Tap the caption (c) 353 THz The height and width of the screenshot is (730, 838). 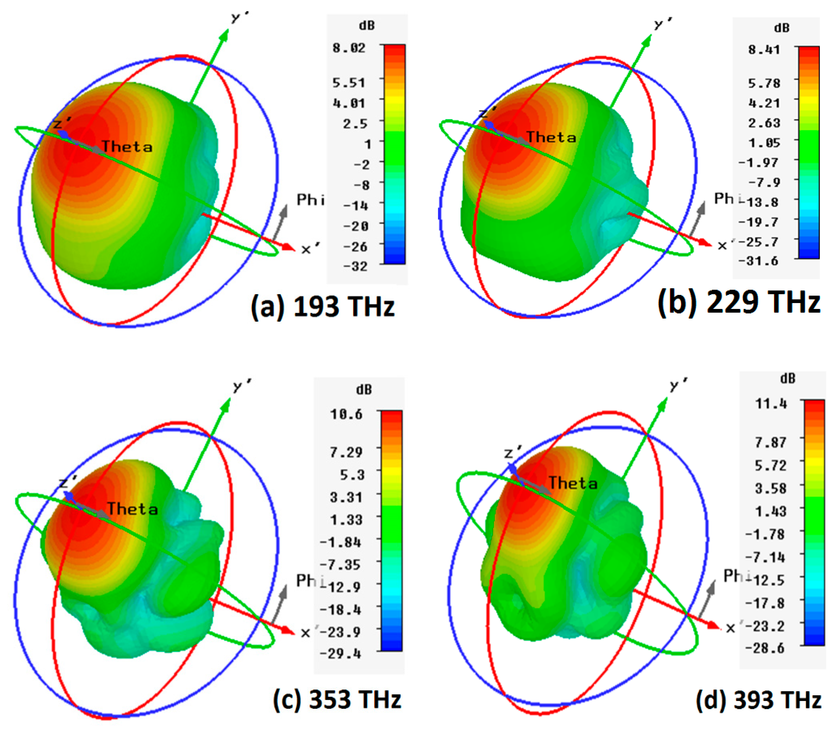tap(337, 700)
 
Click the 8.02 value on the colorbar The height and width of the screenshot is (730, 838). tap(349, 48)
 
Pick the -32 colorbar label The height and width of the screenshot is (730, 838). tap(355, 266)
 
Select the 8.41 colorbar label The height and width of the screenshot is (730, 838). tap(764, 50)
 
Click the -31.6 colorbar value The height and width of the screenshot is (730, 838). tap(758, 261)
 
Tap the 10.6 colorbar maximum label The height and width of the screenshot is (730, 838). tap(346, 414)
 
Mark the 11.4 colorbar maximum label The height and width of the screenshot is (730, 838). tap(771, 404)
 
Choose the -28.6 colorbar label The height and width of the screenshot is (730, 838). tap(764, 648)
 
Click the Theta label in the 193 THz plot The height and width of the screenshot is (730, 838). tap(127, 147)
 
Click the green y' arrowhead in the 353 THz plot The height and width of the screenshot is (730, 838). tap(225, 405)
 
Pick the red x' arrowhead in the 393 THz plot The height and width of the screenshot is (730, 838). tap(713, 625)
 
